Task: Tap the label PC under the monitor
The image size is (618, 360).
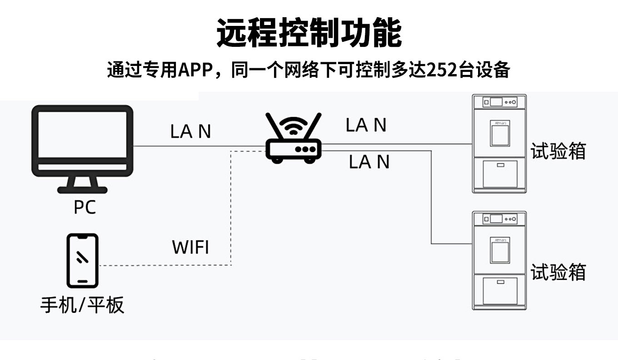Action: click(85, 207)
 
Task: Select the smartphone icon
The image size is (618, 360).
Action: click(82, 261)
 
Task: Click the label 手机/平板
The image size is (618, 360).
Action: click(82, 305)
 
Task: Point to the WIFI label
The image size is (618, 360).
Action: click(190, 248)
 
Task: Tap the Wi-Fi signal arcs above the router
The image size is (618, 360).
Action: click(294, 125)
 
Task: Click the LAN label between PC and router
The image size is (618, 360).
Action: click(190, 132)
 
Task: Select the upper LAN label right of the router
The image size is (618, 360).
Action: click(366, 125)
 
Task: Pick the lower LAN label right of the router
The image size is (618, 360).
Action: click(369, 162)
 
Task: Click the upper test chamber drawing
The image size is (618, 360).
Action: click(499, 144)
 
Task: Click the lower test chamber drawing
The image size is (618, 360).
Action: click(499, 260)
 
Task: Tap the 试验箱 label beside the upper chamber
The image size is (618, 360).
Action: click(558, 151)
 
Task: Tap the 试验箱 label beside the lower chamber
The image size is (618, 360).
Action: click(558, 272)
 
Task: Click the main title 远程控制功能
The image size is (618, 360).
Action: click(309, 33)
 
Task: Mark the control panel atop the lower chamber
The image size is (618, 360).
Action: click(499, 219)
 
